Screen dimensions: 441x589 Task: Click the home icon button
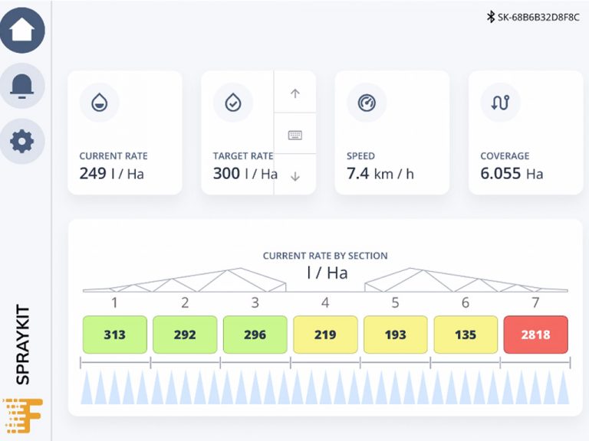click(22, 30)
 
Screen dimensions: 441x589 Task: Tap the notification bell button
click(22, 85)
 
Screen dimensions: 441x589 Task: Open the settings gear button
click(22, 141)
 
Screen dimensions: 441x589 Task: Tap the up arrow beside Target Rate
click(295, 93)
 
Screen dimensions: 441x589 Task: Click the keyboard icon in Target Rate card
click(295, 135)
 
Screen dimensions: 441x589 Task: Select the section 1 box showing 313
click(114, 335)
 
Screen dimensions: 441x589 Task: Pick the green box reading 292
click(185, 335)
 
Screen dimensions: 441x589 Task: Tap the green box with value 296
click(255, 335)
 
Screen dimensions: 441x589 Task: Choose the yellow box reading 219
click(325, 335)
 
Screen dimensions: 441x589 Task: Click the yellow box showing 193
click(395, 335)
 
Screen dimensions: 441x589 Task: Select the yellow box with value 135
click(466, 335)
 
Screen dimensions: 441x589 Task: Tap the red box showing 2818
click(535, 335)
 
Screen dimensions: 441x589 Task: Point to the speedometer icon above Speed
click(367, 103)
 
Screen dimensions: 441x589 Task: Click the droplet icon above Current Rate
click(99, 103)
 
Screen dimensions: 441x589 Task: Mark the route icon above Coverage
click(500, 103)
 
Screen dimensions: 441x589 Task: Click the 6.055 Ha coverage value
click(512, 174)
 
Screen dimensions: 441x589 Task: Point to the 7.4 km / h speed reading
click(380, 174)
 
